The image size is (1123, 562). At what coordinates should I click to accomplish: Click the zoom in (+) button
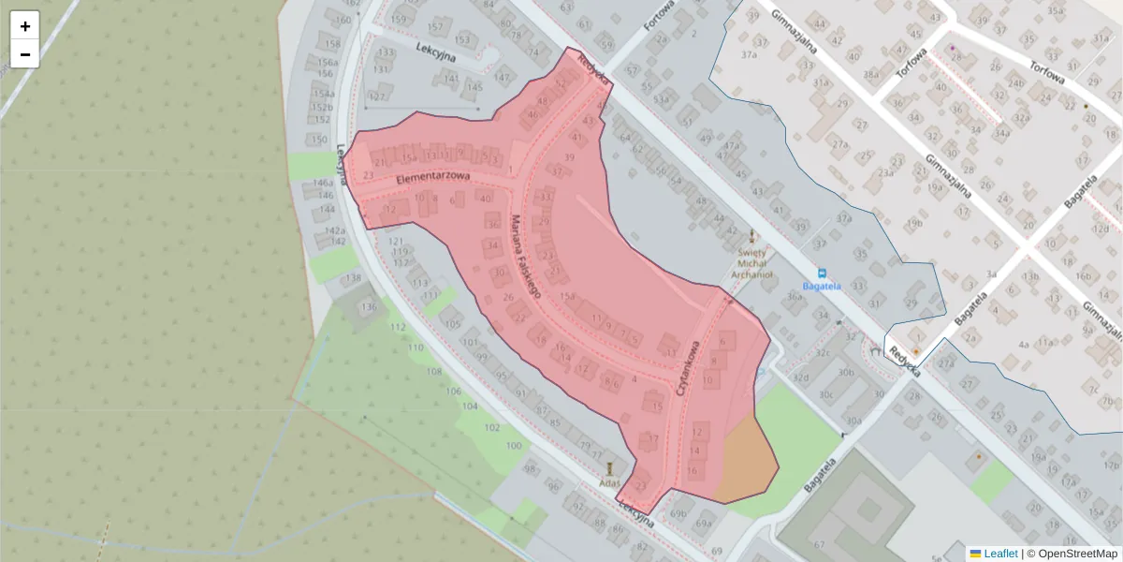point(25,26)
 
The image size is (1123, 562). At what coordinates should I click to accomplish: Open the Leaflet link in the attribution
point(999,554)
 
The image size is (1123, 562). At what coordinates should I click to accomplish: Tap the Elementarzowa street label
point(430,176)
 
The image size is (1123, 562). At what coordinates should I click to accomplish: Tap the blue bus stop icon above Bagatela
point(822,273)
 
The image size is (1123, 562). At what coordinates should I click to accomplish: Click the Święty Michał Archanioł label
point(752,263)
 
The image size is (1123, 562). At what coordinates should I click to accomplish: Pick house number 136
point(370,307)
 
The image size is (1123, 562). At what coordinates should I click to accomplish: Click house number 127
point(378,96)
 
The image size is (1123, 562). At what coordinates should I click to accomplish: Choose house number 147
point(503,77)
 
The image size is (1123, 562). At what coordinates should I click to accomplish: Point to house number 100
point(514,445)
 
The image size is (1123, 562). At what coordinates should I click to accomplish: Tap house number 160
point(343,20)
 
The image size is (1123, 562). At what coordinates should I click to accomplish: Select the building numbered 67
point(819,544)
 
